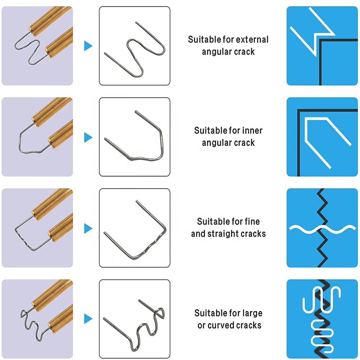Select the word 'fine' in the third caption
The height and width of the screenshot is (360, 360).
pos(252,221)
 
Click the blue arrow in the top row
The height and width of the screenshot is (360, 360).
pos(88,46)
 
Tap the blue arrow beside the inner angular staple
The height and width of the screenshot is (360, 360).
pos(88,137)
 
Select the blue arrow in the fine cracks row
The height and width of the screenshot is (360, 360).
pos(88,228)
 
